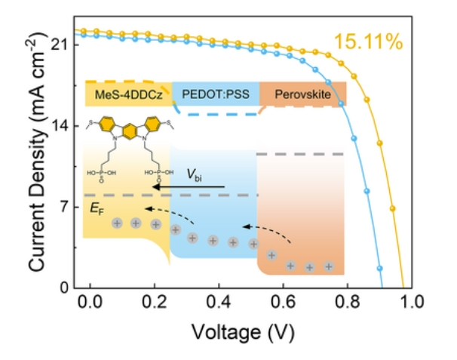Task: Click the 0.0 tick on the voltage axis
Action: (90, 303)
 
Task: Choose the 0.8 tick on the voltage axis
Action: (347, 303)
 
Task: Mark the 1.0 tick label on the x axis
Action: (411, 303)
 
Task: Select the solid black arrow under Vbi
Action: (188, 186)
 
